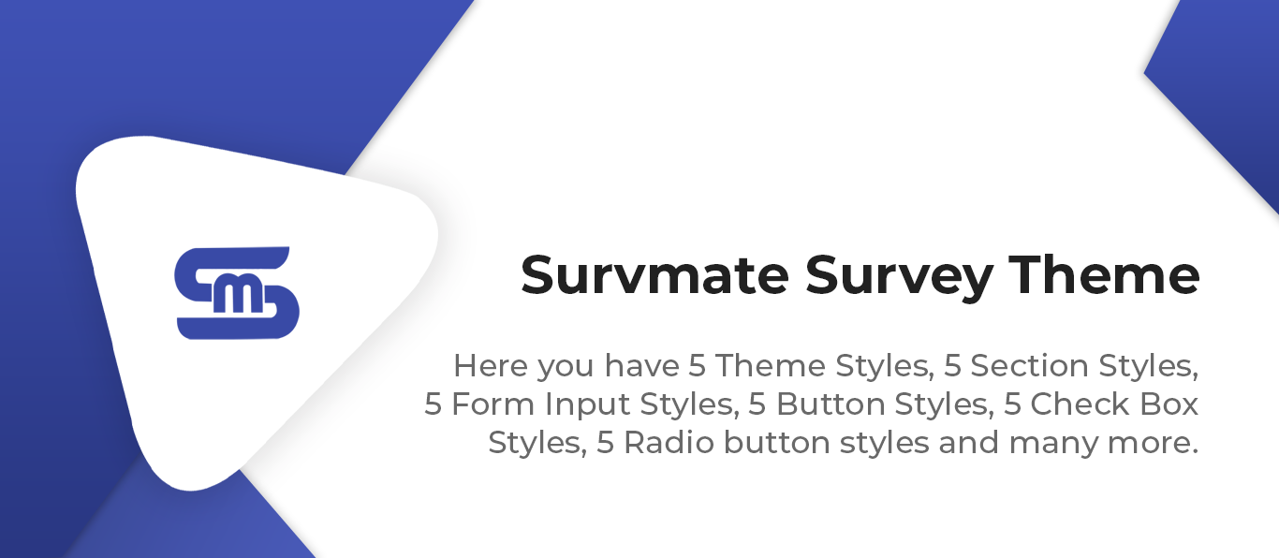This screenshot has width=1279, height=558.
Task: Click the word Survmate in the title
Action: pos(654,275)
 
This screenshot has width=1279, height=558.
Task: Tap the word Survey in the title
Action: pos(899,278)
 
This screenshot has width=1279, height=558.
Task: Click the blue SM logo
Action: pos(237,293)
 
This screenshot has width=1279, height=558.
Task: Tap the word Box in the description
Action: pos(1169,404)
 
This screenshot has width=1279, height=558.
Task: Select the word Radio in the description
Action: pos(669,443)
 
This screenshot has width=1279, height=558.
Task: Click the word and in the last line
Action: pos(969,443)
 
